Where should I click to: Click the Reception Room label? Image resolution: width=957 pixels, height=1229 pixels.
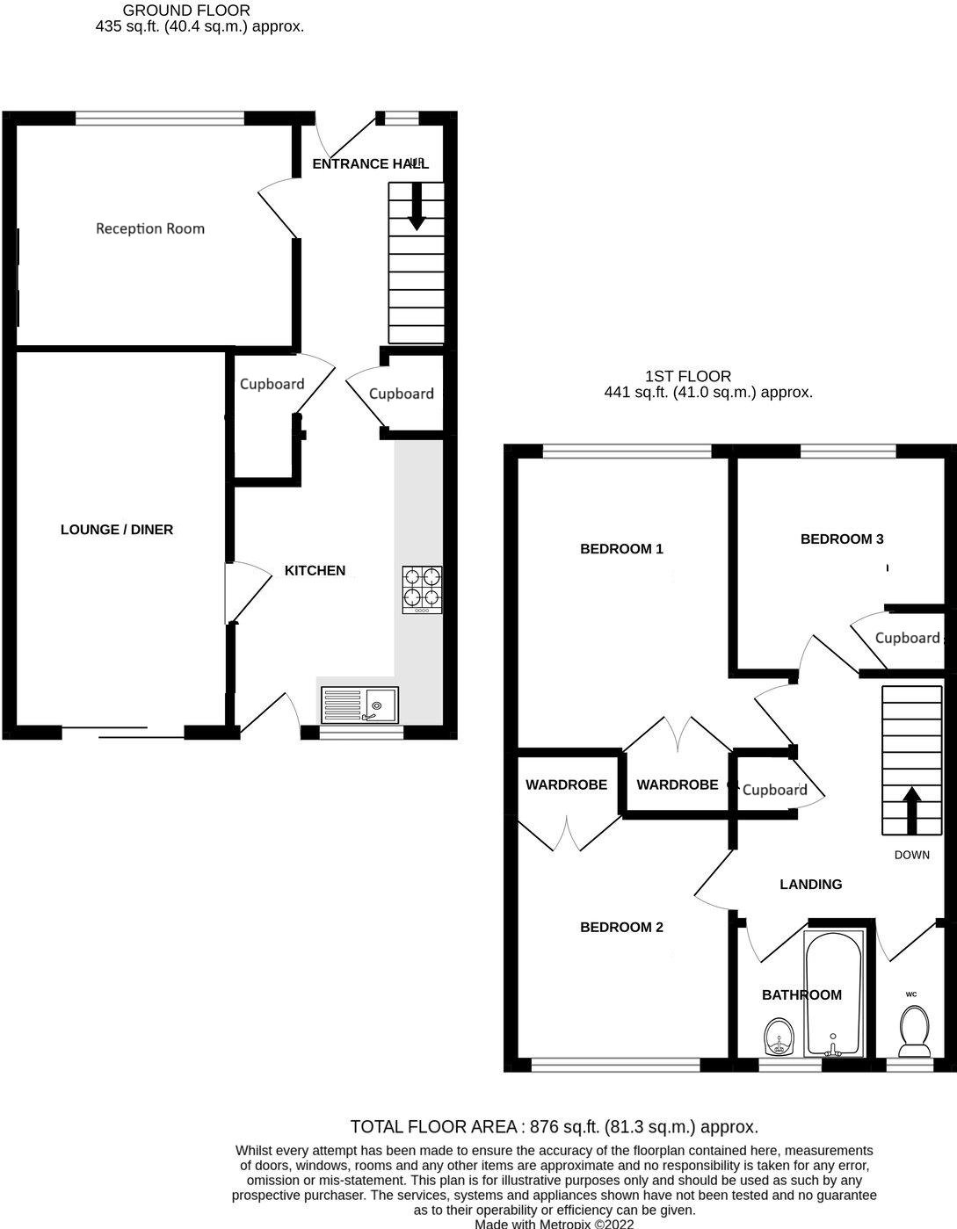tap(150, 228)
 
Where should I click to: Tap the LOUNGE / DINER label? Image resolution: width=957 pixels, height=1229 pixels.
tap(117, 530)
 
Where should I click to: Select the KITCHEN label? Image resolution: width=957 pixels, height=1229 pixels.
tap(315, 570)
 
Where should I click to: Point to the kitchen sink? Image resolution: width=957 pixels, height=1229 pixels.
tap(359, 705)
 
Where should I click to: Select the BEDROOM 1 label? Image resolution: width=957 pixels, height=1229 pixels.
tap(621, 549)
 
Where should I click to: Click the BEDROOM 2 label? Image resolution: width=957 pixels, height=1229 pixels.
tap(621, 927)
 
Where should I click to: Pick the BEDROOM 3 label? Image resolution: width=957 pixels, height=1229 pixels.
tap(841, 539)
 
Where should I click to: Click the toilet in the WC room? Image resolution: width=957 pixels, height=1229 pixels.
tap(913, 1030)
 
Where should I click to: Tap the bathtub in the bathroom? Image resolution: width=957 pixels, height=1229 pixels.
tap(834, 993)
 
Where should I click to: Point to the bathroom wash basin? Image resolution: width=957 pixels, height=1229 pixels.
tap(778, 1037)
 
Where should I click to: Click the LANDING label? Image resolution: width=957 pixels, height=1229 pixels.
tap(810, 885)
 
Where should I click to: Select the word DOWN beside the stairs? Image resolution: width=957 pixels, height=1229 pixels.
tap(911, 855)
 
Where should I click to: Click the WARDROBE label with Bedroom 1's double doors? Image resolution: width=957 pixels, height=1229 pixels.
tap(677, 784)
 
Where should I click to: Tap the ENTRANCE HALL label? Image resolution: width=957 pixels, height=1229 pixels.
tap(370, 164)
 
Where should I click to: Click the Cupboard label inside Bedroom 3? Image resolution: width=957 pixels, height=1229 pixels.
tap(907, 638)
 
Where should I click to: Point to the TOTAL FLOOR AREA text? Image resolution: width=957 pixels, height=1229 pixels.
tap(554, 1126)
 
